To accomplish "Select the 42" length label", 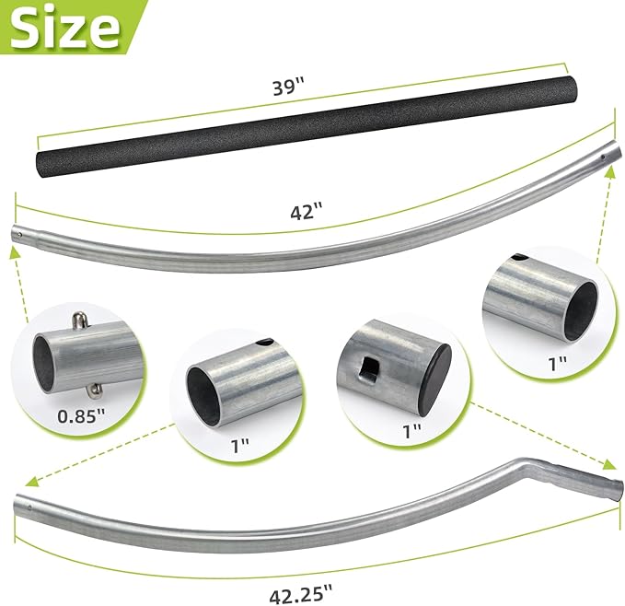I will point(306,210).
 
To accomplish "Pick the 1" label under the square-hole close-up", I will point(411,429).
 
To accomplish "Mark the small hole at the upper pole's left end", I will point(19,234).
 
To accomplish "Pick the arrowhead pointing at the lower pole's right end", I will point(611,463).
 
